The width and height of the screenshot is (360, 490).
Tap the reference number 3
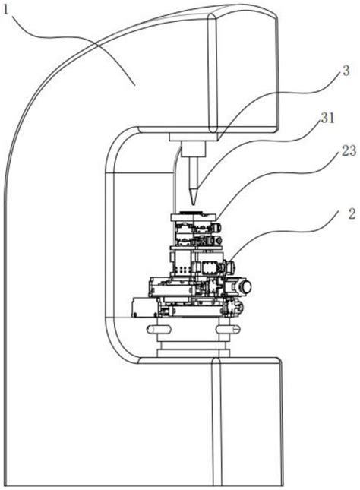click(346, 71)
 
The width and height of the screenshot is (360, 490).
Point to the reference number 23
click(349, 150)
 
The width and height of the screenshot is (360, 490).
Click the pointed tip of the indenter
click(193, 204)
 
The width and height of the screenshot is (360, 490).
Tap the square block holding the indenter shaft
click(194, 148)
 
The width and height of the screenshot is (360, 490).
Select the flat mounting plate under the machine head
click(193, 137)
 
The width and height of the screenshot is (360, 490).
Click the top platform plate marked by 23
click(194, 217)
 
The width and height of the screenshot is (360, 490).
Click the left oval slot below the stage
click(159, 329)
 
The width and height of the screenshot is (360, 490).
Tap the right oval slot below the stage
click(228, 329)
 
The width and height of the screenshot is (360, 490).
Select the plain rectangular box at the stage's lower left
click(144, 307)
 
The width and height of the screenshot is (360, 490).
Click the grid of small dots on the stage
click(182, 270)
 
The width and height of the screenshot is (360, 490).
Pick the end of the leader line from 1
click(135, 84)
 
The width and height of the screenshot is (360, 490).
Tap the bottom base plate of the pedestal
click(194, 353)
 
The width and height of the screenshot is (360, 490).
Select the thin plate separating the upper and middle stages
click(196, 248)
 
